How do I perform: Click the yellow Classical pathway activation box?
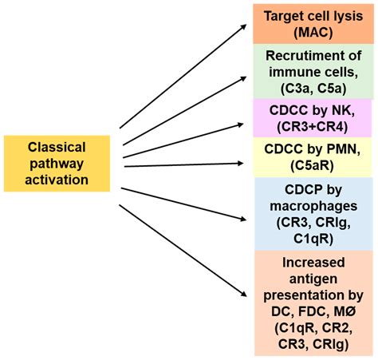click(59, 164)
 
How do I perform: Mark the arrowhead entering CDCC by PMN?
click(240, 165)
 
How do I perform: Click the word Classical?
click(59, 148)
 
